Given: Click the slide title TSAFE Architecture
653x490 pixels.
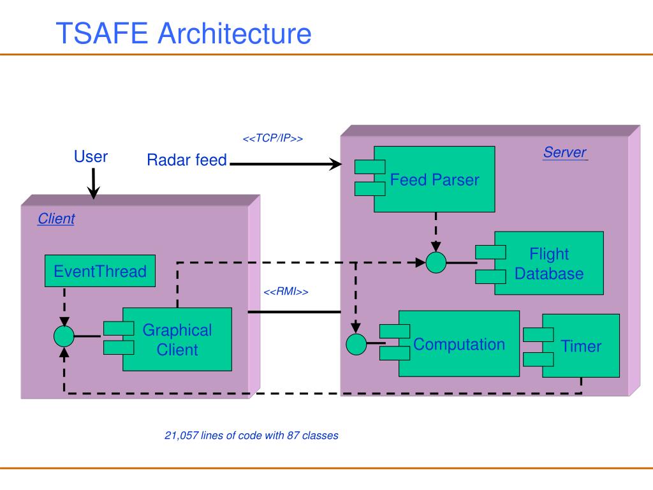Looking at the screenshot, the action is coord(184,33).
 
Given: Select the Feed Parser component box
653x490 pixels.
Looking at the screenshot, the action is coord(425,179).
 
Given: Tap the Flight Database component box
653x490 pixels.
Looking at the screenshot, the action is coord(539,264).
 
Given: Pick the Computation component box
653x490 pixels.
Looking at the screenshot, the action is coord(450,344).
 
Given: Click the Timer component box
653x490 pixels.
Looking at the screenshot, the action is coord(571,346).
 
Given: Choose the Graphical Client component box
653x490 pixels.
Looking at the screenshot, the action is coord(168,339).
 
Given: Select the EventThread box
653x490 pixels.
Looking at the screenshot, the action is coord(100,271).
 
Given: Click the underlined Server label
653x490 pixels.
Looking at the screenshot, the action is coord(565,152).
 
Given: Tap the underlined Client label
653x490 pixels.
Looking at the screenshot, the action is coord(56,218).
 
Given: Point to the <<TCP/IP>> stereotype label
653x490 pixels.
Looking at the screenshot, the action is coord(273,138).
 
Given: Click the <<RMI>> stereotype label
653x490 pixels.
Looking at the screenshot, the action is coord(286,292).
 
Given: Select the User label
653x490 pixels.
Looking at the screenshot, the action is coord(91,157).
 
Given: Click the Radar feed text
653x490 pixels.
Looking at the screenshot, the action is coord(187,160).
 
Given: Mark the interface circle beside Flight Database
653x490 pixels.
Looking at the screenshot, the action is coord(436,263).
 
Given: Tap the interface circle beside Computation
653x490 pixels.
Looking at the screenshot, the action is coord(356,345).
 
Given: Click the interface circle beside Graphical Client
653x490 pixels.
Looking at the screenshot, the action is coord(64,336).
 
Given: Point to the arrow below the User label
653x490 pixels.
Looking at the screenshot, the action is coord(93,183).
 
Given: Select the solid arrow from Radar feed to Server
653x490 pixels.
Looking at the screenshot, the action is coord(286,164).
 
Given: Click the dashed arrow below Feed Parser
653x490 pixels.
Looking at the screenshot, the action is coord(436,232).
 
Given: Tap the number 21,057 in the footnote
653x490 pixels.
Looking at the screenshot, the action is coord(181,436).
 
